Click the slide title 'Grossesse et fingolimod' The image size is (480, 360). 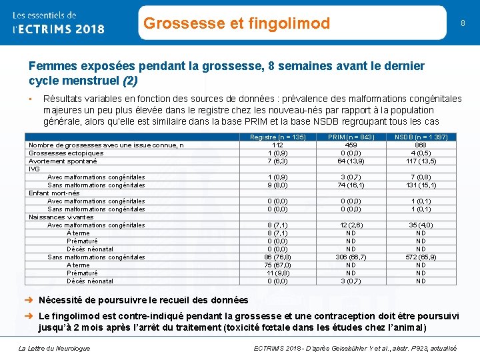(237, 24)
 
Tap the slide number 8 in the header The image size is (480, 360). (462, 23)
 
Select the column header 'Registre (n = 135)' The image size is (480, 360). (278, 137)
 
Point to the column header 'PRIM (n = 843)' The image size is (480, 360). (351, 137)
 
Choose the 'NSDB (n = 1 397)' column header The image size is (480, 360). (421, 137)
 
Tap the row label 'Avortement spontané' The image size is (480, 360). (63, 161)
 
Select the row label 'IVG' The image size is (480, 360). (34, 169)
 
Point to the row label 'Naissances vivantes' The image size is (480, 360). (61, 217)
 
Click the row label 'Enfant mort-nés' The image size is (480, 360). (53, 193)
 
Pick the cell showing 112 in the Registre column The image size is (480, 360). (278, 145)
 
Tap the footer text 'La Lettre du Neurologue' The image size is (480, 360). (55, 348)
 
